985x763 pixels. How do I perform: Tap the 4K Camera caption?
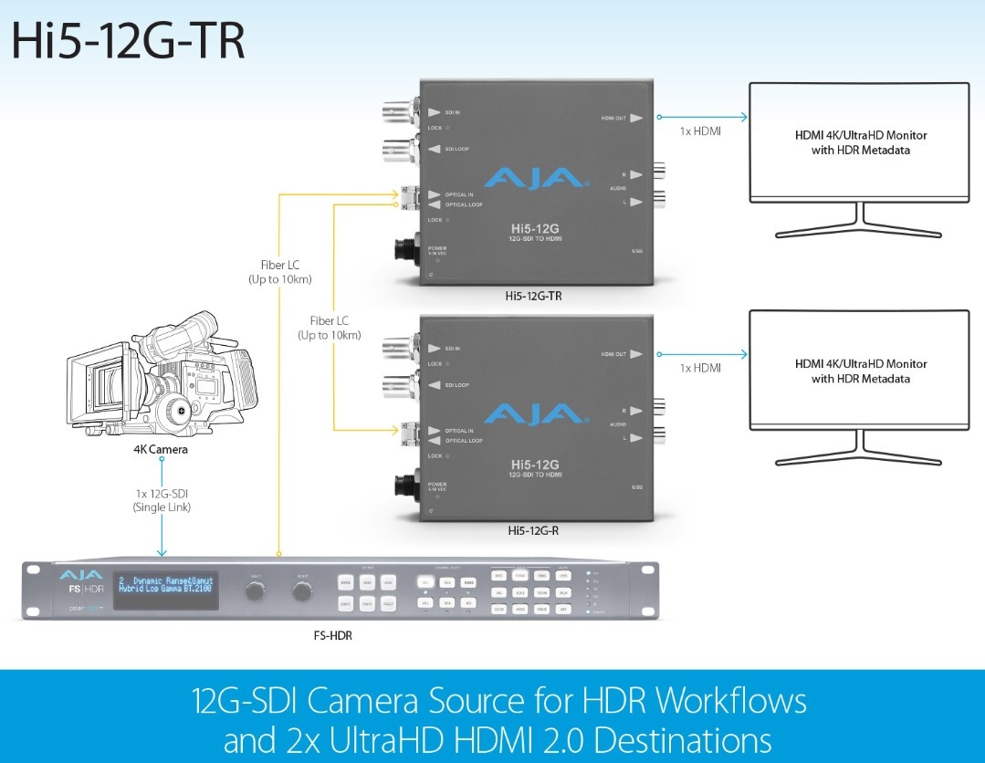(x=161, y=450)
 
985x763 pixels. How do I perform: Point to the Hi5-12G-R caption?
(x=534, y=529)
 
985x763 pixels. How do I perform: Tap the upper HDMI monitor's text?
(x=860, y=142)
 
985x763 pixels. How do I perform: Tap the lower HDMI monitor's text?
(x=860, y=371)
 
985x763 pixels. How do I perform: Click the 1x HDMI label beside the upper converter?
(x=700, y=131)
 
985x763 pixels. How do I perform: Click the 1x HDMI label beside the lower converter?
(x=700, y=368)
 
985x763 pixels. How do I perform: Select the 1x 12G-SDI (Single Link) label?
(x=162, y=499)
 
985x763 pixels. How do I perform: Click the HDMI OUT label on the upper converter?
(x=612, y=118)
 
